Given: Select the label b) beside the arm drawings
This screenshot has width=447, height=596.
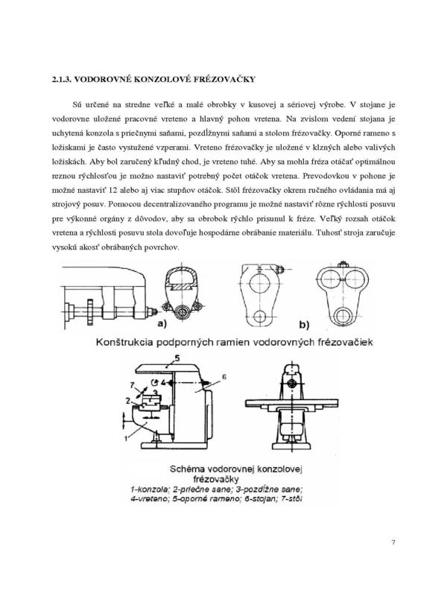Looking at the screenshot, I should (x=304, y=324).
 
